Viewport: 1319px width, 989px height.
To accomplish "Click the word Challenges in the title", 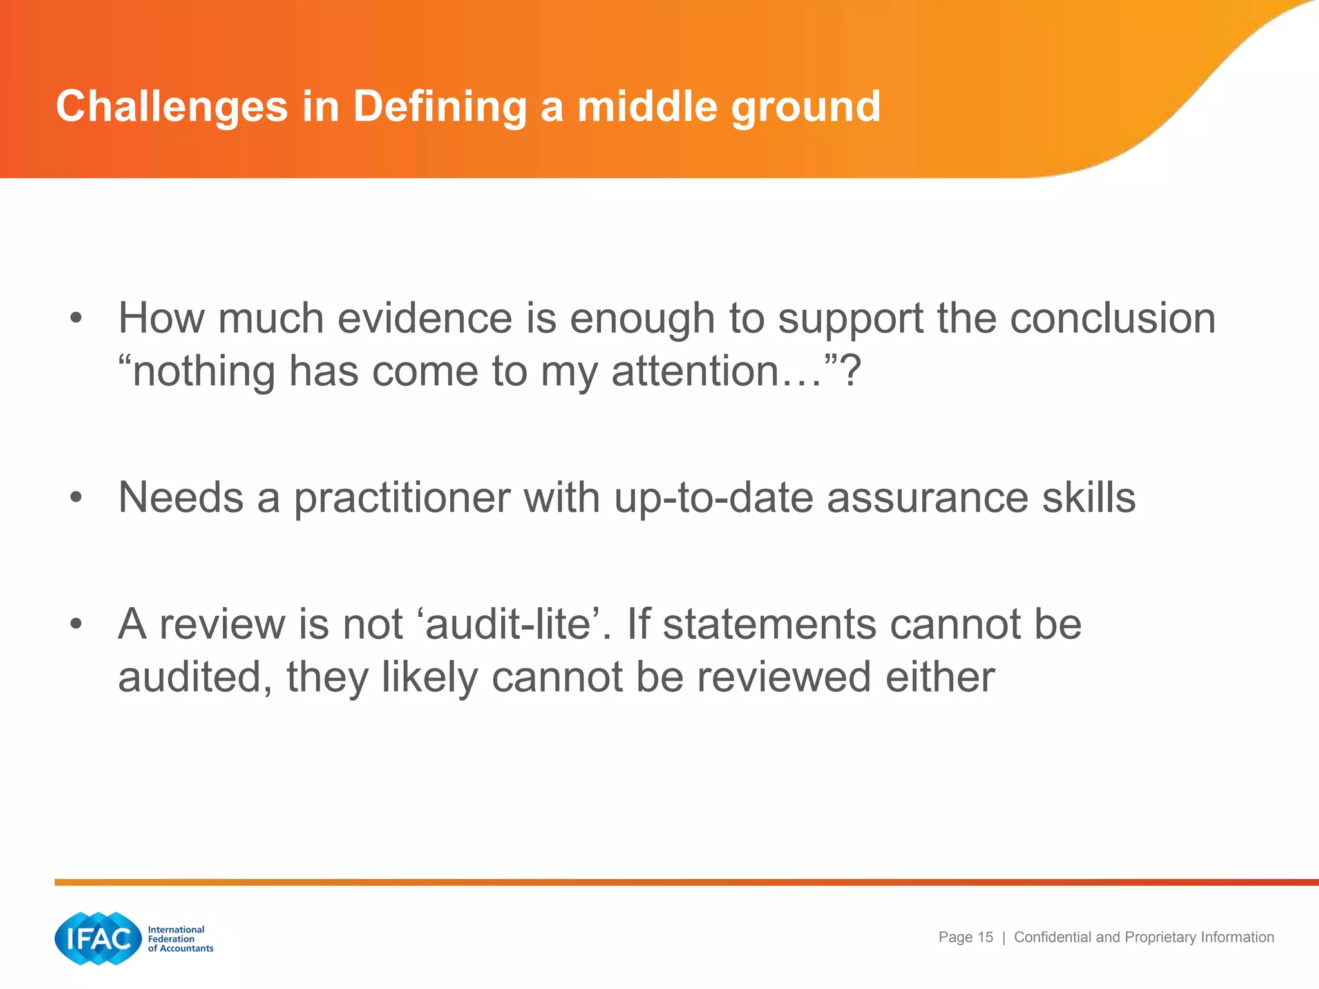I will (171, 107).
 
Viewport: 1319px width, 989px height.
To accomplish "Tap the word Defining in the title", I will (440, 107).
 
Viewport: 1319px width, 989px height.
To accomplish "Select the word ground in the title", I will (806, 107).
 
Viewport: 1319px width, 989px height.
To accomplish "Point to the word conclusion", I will (1112, 318).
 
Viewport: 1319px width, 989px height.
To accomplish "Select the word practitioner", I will (403, 498).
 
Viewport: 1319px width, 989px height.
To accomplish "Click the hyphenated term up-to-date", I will (714, 498).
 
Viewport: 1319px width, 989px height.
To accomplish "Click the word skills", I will (1088, 498).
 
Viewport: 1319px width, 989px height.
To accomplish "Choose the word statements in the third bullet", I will (770, 624).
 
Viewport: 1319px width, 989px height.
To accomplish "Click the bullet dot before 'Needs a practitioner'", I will (76, 497).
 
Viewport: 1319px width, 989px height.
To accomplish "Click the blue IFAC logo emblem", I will (98, 938).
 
